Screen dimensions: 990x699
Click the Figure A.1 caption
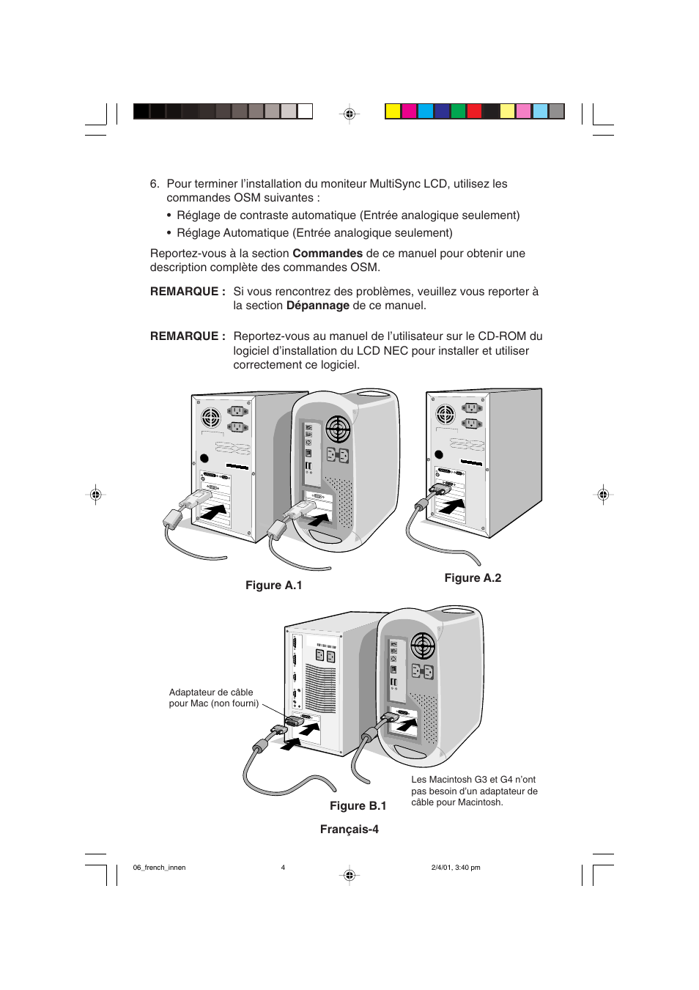[273, 585]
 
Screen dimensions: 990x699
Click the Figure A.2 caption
[473, 578]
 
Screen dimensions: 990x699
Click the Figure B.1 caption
[358, 806]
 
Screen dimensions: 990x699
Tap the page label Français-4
[349, 830]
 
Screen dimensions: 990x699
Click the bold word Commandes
[328, 254]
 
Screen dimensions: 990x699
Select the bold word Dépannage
[317, 306]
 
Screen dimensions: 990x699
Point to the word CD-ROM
[503, 336]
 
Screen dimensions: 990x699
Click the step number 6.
[154, 184]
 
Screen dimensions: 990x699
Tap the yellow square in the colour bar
[393, 111]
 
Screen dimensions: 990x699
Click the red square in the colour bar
[474, 111]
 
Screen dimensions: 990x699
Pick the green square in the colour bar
[458, 111]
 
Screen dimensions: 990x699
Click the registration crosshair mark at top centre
[349, 114]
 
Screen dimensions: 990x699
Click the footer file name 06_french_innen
[159, 868]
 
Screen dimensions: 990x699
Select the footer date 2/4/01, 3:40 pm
[456, 868]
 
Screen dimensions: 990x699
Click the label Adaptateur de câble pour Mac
[213, 698]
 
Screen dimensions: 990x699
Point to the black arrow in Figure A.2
[452, 506]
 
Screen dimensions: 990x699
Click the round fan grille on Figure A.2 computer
[445, 415]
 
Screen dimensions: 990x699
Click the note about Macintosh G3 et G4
[474, 791]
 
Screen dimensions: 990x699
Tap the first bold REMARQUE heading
[188, 292]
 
